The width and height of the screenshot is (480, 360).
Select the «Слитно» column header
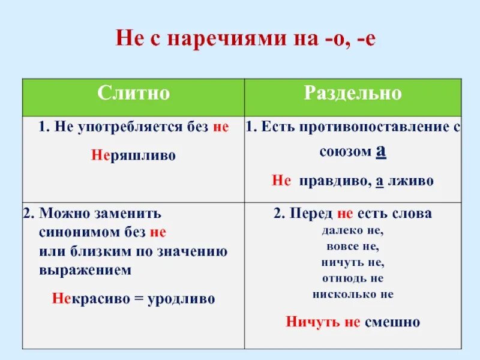pos(134,94)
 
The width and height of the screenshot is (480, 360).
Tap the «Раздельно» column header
pos(353,94)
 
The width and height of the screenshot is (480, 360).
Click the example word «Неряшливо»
pos(133,155)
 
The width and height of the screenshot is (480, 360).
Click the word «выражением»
pos(85,270)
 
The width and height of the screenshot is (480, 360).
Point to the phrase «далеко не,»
pos(353,229)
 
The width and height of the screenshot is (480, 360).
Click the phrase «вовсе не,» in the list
pos(353,245)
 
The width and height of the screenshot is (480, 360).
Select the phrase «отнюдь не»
pos(353,278)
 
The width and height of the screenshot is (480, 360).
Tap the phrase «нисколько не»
pos(353,295)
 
